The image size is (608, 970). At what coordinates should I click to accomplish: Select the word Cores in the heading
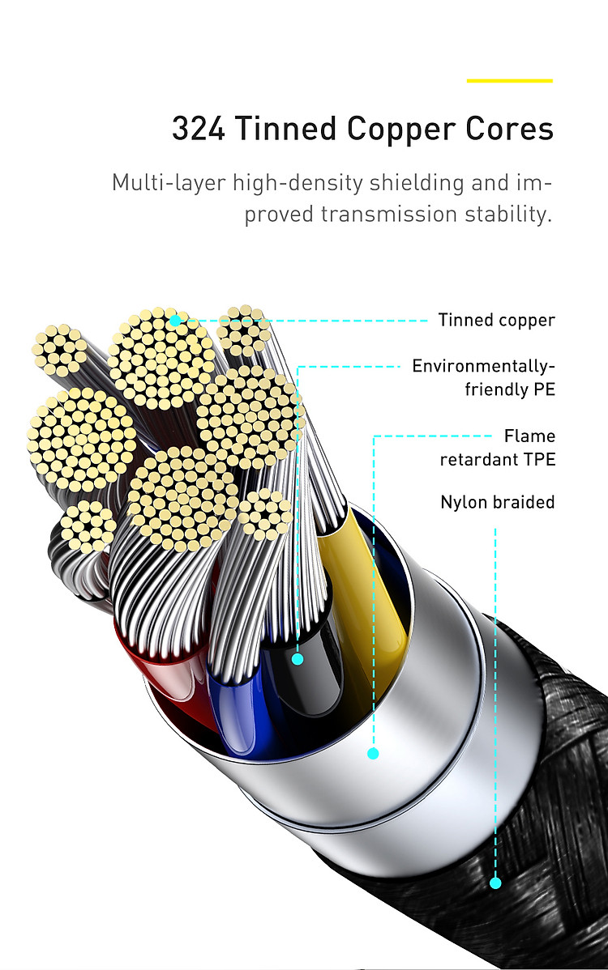tap(509, 130)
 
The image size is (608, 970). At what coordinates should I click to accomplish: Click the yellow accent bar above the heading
tap(509, 81)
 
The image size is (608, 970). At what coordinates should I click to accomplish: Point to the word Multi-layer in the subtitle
tap(168, 182)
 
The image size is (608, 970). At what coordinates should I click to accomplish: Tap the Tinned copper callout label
tap(496, 320)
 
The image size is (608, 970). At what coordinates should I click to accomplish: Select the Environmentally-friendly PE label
tap(483, 377)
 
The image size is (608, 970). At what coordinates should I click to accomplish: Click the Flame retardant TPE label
tap(497, 448)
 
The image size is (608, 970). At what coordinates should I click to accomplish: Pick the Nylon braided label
tap(497, 502)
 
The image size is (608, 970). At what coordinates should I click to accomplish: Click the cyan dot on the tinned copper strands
tap(175, 321)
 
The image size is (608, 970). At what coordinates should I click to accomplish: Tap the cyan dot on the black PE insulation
tap(298, 659)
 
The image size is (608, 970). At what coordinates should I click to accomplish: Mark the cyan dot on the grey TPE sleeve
tap(373, 753)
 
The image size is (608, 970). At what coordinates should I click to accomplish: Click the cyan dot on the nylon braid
tap(495, 883)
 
